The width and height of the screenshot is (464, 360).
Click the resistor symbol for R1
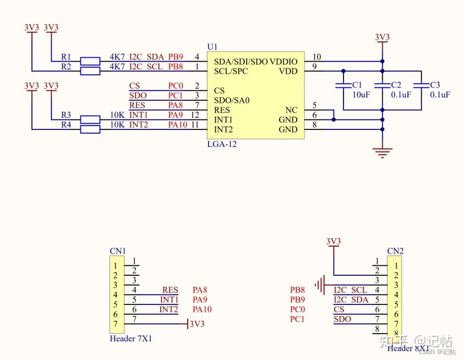pyautogui.click(x=90, y=61)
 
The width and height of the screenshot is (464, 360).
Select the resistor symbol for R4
pyautogui.click(x=90, y=129)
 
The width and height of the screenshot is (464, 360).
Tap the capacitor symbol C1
pyautogui.click(x=343, y=86)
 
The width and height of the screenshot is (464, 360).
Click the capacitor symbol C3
pyautogui.click(x=421, y=86)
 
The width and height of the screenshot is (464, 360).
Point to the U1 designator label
pyautogui.click(x=212, y=47)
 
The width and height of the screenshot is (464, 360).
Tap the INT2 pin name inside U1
pyautogui.click(x=223, y=130)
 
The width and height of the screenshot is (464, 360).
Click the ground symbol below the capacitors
pyautogui.click(x=383, y=151)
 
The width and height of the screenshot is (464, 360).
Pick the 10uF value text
pyautogui.click(x=361, y=95)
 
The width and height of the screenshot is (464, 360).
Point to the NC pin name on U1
pyautogui.click(x=291, y=110)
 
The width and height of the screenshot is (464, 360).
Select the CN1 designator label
pyautogui.click(x=118, y=251)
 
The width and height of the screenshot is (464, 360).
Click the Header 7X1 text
pyautogui.click(x=131, y=339)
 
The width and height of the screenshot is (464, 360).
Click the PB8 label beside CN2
pyautogui.click(x=298, y=290)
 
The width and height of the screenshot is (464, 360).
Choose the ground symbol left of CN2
pyautogui.click(x=320, y=285)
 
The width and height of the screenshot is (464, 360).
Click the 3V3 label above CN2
pyautogui.click(x=334, y=241)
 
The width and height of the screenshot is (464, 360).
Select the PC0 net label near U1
pyautogui.click(x=176, y=86)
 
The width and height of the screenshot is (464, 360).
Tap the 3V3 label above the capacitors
pyautogui.click(x=383, y=37)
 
